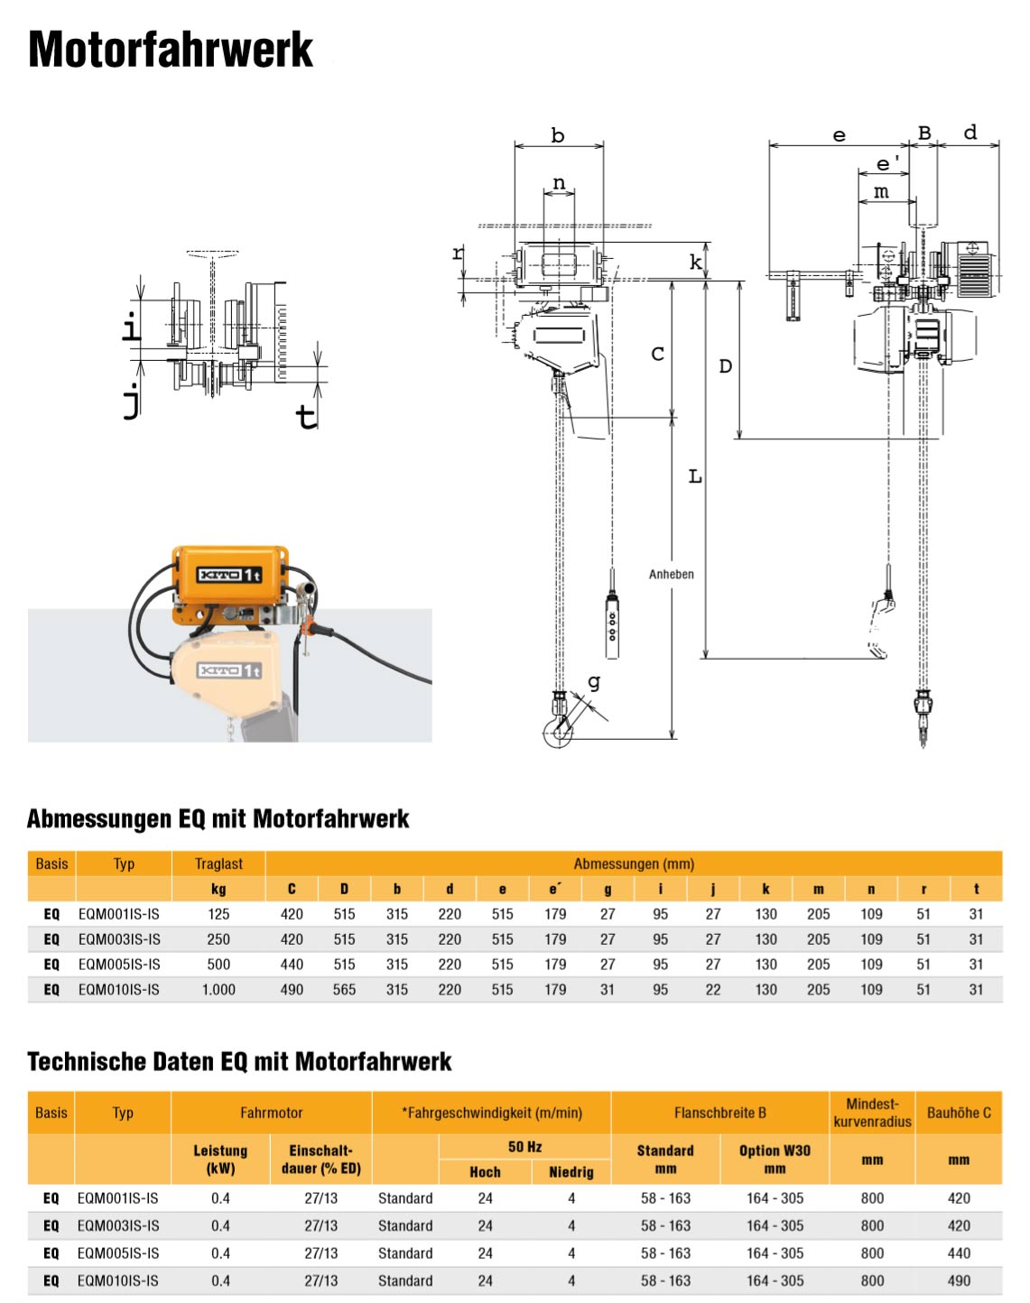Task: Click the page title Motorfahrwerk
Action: [x=171, y=50]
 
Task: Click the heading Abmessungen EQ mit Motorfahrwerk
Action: [x=218, y=818]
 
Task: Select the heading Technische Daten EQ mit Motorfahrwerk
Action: [x=239, y=1061]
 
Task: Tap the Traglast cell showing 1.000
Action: [x=218, y=990]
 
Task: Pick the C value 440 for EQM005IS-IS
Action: [x=292, y=965]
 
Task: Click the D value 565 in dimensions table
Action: [x=344, y=990]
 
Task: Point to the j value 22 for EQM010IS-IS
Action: [x=713, y=990]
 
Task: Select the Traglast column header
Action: [x=218, y=864]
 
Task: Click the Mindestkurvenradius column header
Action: [x=872, y=1113]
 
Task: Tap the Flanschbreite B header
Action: [x=719, y=1113]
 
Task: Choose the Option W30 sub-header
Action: [x=775, y=1159]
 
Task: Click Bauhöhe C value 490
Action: [x=959, y=1280]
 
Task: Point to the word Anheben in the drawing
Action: [x=672, y=574]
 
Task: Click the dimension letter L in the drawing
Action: [x=695, y=476]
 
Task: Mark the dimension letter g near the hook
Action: [x=594, y=682]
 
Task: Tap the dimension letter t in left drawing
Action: [x=307, y=416]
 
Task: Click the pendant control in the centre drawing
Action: [x=612, y=625]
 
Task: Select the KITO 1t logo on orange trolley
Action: [x=230, y=575]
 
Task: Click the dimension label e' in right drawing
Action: [x=887, y=164]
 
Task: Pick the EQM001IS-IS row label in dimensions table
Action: [x=118, y=914]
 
